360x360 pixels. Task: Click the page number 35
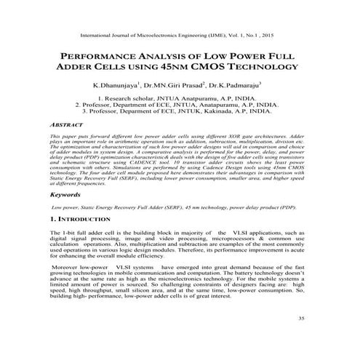302,339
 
